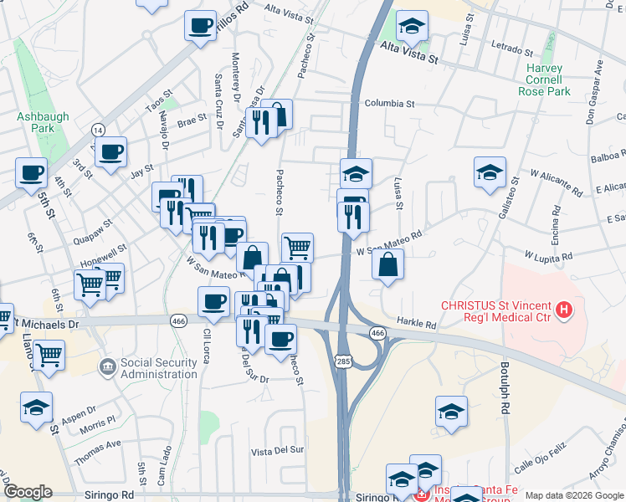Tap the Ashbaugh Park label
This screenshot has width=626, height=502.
pos(36,123)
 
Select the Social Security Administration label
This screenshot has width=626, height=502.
pos(158,368)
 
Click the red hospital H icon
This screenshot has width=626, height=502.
pos(564,311)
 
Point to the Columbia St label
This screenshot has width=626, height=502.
pos(390,104)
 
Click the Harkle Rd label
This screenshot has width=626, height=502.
pos(417,324)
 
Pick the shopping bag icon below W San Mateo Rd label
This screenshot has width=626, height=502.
pos(387,266)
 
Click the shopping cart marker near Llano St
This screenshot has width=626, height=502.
pos(49,354)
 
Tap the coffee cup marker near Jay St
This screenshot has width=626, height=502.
pos(110,152)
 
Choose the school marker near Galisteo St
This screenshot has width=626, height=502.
pos(490,173)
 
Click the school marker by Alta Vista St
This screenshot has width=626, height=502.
pos(412,27)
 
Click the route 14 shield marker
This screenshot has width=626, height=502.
pos(99,130)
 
